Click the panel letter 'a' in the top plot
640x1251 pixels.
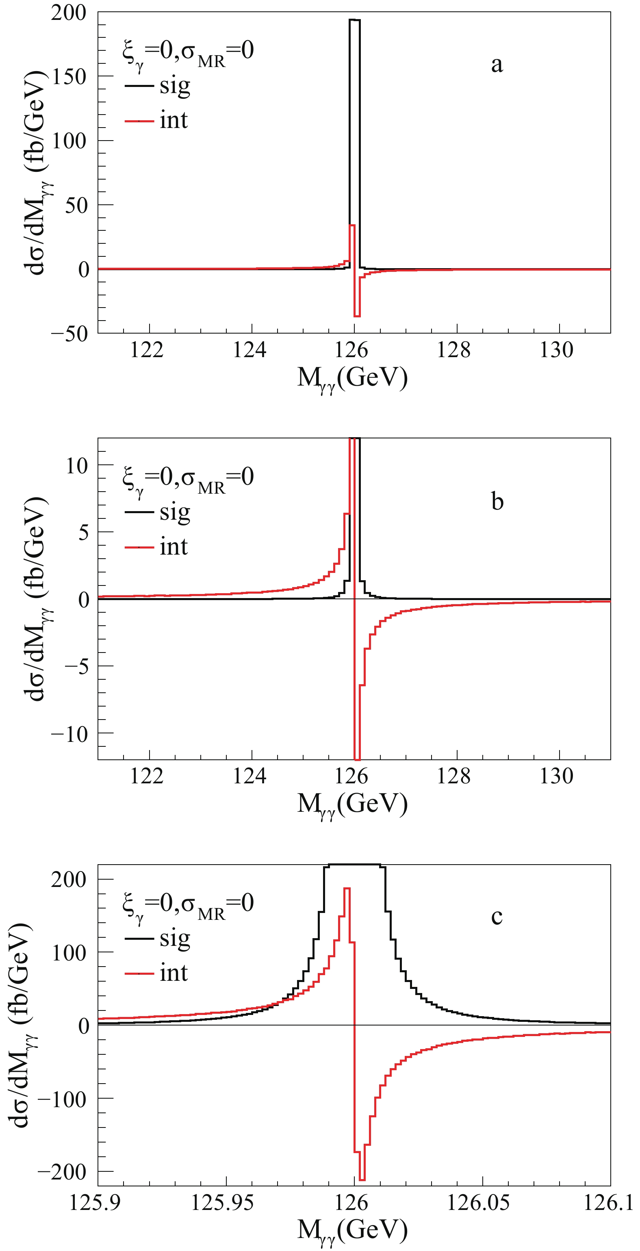(x=497, y=65)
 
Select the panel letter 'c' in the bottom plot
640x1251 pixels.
(x=497, y=916)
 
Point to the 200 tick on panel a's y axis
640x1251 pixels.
(x=68, y=13)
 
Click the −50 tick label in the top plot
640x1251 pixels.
(x=70, y=333)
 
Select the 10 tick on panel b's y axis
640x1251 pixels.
(x=77, y=466)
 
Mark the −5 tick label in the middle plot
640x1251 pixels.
(x=77, y=666)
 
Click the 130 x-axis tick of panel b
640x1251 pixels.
(x=556, y=776)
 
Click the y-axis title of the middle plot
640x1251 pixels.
(x=37, y=599)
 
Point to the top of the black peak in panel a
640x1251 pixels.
(x=354, y=20)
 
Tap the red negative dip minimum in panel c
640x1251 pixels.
(x=362, y=1179)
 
